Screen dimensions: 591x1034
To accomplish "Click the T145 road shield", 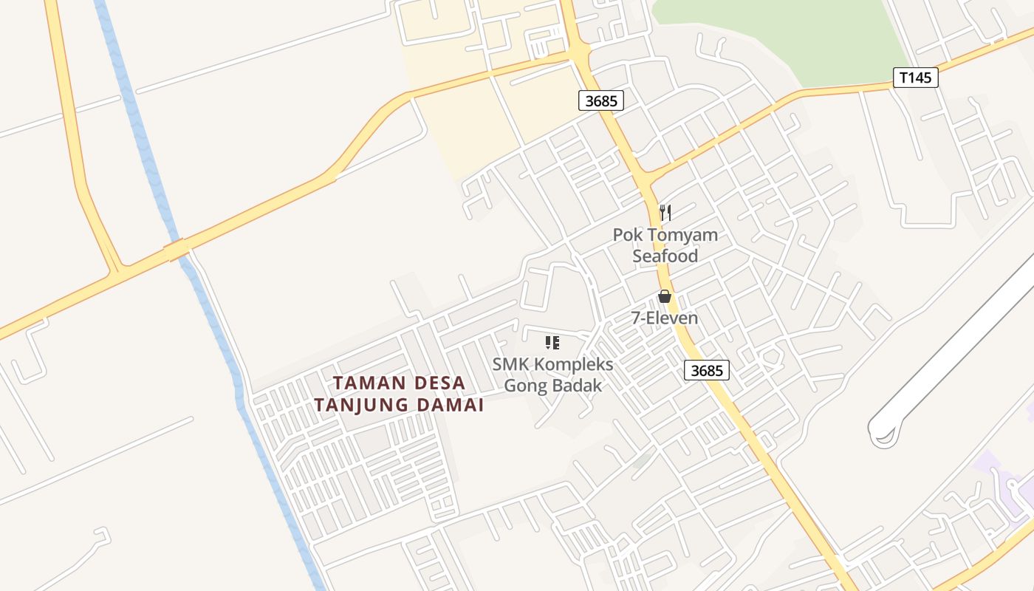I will click(x=915, y=78).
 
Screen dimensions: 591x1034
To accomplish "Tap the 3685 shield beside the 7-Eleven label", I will click(x=707, y=370).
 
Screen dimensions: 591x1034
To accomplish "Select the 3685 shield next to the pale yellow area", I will click(x=600, y=100).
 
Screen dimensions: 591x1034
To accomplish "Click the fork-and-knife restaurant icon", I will click(x=665, y=213).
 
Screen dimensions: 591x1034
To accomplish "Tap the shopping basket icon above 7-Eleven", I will click(x=665, y=296).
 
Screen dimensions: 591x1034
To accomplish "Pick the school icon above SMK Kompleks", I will click(x=552, y=343).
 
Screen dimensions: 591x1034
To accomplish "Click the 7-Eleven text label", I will click(x=664, y=318).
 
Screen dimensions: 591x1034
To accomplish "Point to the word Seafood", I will click(x=665, y=256).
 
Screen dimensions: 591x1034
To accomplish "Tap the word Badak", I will click(x=581, y=386).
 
